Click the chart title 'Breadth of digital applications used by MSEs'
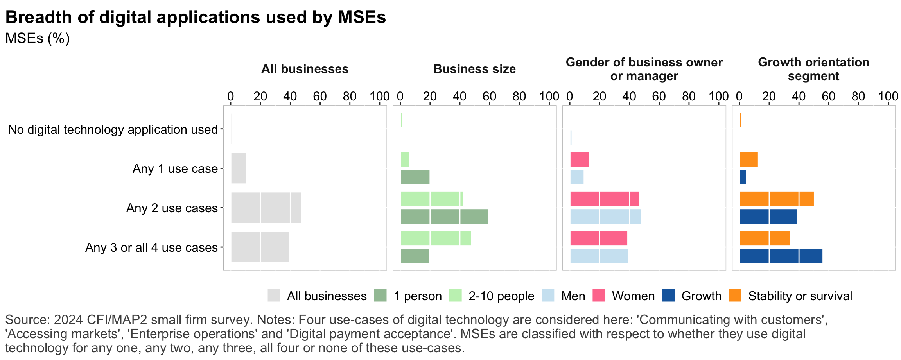click(x=196, y=18)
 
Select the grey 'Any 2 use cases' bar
click(x=266, y=208)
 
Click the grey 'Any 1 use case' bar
click(x=239, y=168)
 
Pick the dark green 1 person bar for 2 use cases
click(x=444, y=217)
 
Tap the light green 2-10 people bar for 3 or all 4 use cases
click(x=436, y=238)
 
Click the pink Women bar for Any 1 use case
click(x=579, y=159)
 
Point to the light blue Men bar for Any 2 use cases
click(x=605, y=217)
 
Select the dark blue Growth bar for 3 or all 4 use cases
click(x=781, y=256)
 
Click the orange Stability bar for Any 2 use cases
click(x=776, y=199)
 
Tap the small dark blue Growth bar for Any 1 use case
click(x=743, y=177)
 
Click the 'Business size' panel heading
click(x=474, y=69)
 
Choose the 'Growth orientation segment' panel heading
click(x=813, y=69)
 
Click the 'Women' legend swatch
click(x=599, y=296)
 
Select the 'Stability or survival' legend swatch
click(x=735, y=296)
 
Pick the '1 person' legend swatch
click(x=380, y=296)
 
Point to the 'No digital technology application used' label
click(x=113, y=129)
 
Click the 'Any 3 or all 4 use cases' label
click(x=151, y=247)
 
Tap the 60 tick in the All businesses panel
click(x=320, y=96)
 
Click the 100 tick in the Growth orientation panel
click(x=888, y=96)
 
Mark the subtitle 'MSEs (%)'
click(x=38, y=38)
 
